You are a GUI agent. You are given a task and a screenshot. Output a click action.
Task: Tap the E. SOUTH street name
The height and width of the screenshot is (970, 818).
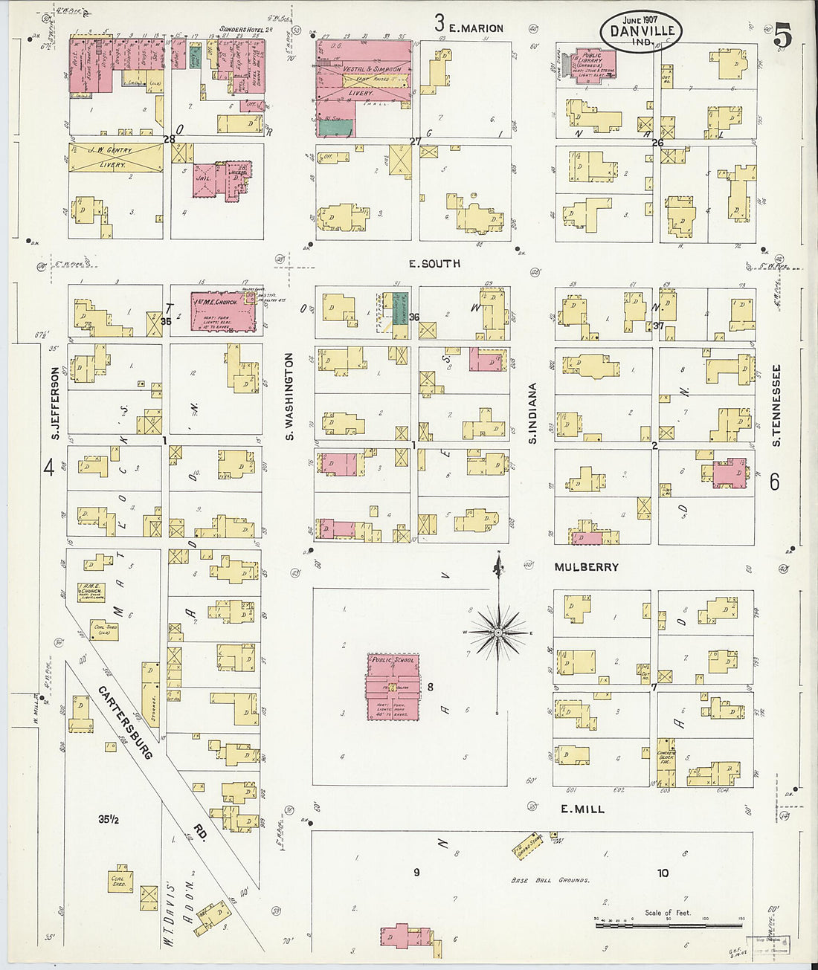point(435,263)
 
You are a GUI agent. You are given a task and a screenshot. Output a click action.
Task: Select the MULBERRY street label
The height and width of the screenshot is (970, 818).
point(586,567)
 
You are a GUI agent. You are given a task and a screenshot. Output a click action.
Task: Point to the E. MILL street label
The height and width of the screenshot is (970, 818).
point(582,809)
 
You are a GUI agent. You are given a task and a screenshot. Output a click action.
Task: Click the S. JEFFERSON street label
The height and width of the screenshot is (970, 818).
point(55,402)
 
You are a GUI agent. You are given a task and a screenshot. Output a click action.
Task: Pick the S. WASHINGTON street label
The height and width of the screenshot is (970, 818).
point(290,395)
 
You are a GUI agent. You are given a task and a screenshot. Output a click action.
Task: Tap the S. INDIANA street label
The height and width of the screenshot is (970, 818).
point(533,413)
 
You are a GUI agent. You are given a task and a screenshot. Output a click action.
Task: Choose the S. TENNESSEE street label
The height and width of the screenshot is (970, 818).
point(776,404)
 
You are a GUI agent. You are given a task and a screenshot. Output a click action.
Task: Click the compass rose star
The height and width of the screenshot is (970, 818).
point(497,632)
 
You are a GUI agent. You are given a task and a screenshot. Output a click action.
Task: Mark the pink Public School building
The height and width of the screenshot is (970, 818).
point(393,686)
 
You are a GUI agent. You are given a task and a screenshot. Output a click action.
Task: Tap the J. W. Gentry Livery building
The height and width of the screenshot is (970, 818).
point(115,158)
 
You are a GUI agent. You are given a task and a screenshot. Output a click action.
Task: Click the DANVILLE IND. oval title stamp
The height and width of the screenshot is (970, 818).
point(641,31)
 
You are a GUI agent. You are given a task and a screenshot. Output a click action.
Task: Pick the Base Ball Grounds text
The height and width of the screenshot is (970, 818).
point(550,880)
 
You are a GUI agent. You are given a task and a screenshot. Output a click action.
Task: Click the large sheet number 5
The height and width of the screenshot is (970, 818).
point(782,36)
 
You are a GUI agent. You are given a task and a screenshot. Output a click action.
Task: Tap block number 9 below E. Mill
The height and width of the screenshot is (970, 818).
point(416,872)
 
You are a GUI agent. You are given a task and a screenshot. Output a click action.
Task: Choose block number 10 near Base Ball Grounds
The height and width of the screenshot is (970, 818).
point(662,873)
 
